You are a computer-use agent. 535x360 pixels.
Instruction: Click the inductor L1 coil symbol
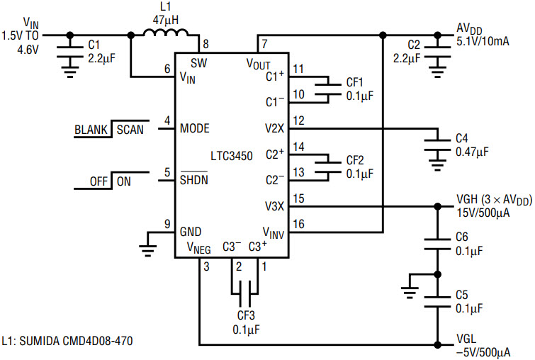[166, 33]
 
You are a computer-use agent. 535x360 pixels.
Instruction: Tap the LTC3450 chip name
[232, 157]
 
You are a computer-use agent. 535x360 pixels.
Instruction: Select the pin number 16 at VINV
[298, 224]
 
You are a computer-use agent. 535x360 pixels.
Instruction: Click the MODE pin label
[194, 128]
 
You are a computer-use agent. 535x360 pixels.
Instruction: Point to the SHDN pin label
[193, 180]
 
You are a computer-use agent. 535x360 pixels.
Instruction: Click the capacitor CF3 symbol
[244, 293]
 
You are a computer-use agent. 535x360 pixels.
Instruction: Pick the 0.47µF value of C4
[472, 152]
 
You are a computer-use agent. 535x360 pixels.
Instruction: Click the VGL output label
[466, 339]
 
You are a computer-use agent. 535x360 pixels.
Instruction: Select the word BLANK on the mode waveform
[91, 130]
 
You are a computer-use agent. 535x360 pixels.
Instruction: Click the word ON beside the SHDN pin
[123, 181]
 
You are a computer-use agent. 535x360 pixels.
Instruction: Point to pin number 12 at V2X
[298, 120]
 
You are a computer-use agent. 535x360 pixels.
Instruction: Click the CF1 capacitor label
[354, 82]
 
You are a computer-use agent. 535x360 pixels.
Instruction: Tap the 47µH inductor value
[166, 20]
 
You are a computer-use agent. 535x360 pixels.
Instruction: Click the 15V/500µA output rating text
[483, 213]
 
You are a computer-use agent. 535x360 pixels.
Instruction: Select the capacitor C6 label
[461, 237]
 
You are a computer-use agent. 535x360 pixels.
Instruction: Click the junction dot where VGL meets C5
[437, 344]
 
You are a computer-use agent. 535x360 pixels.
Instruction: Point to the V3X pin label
[274, 206]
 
